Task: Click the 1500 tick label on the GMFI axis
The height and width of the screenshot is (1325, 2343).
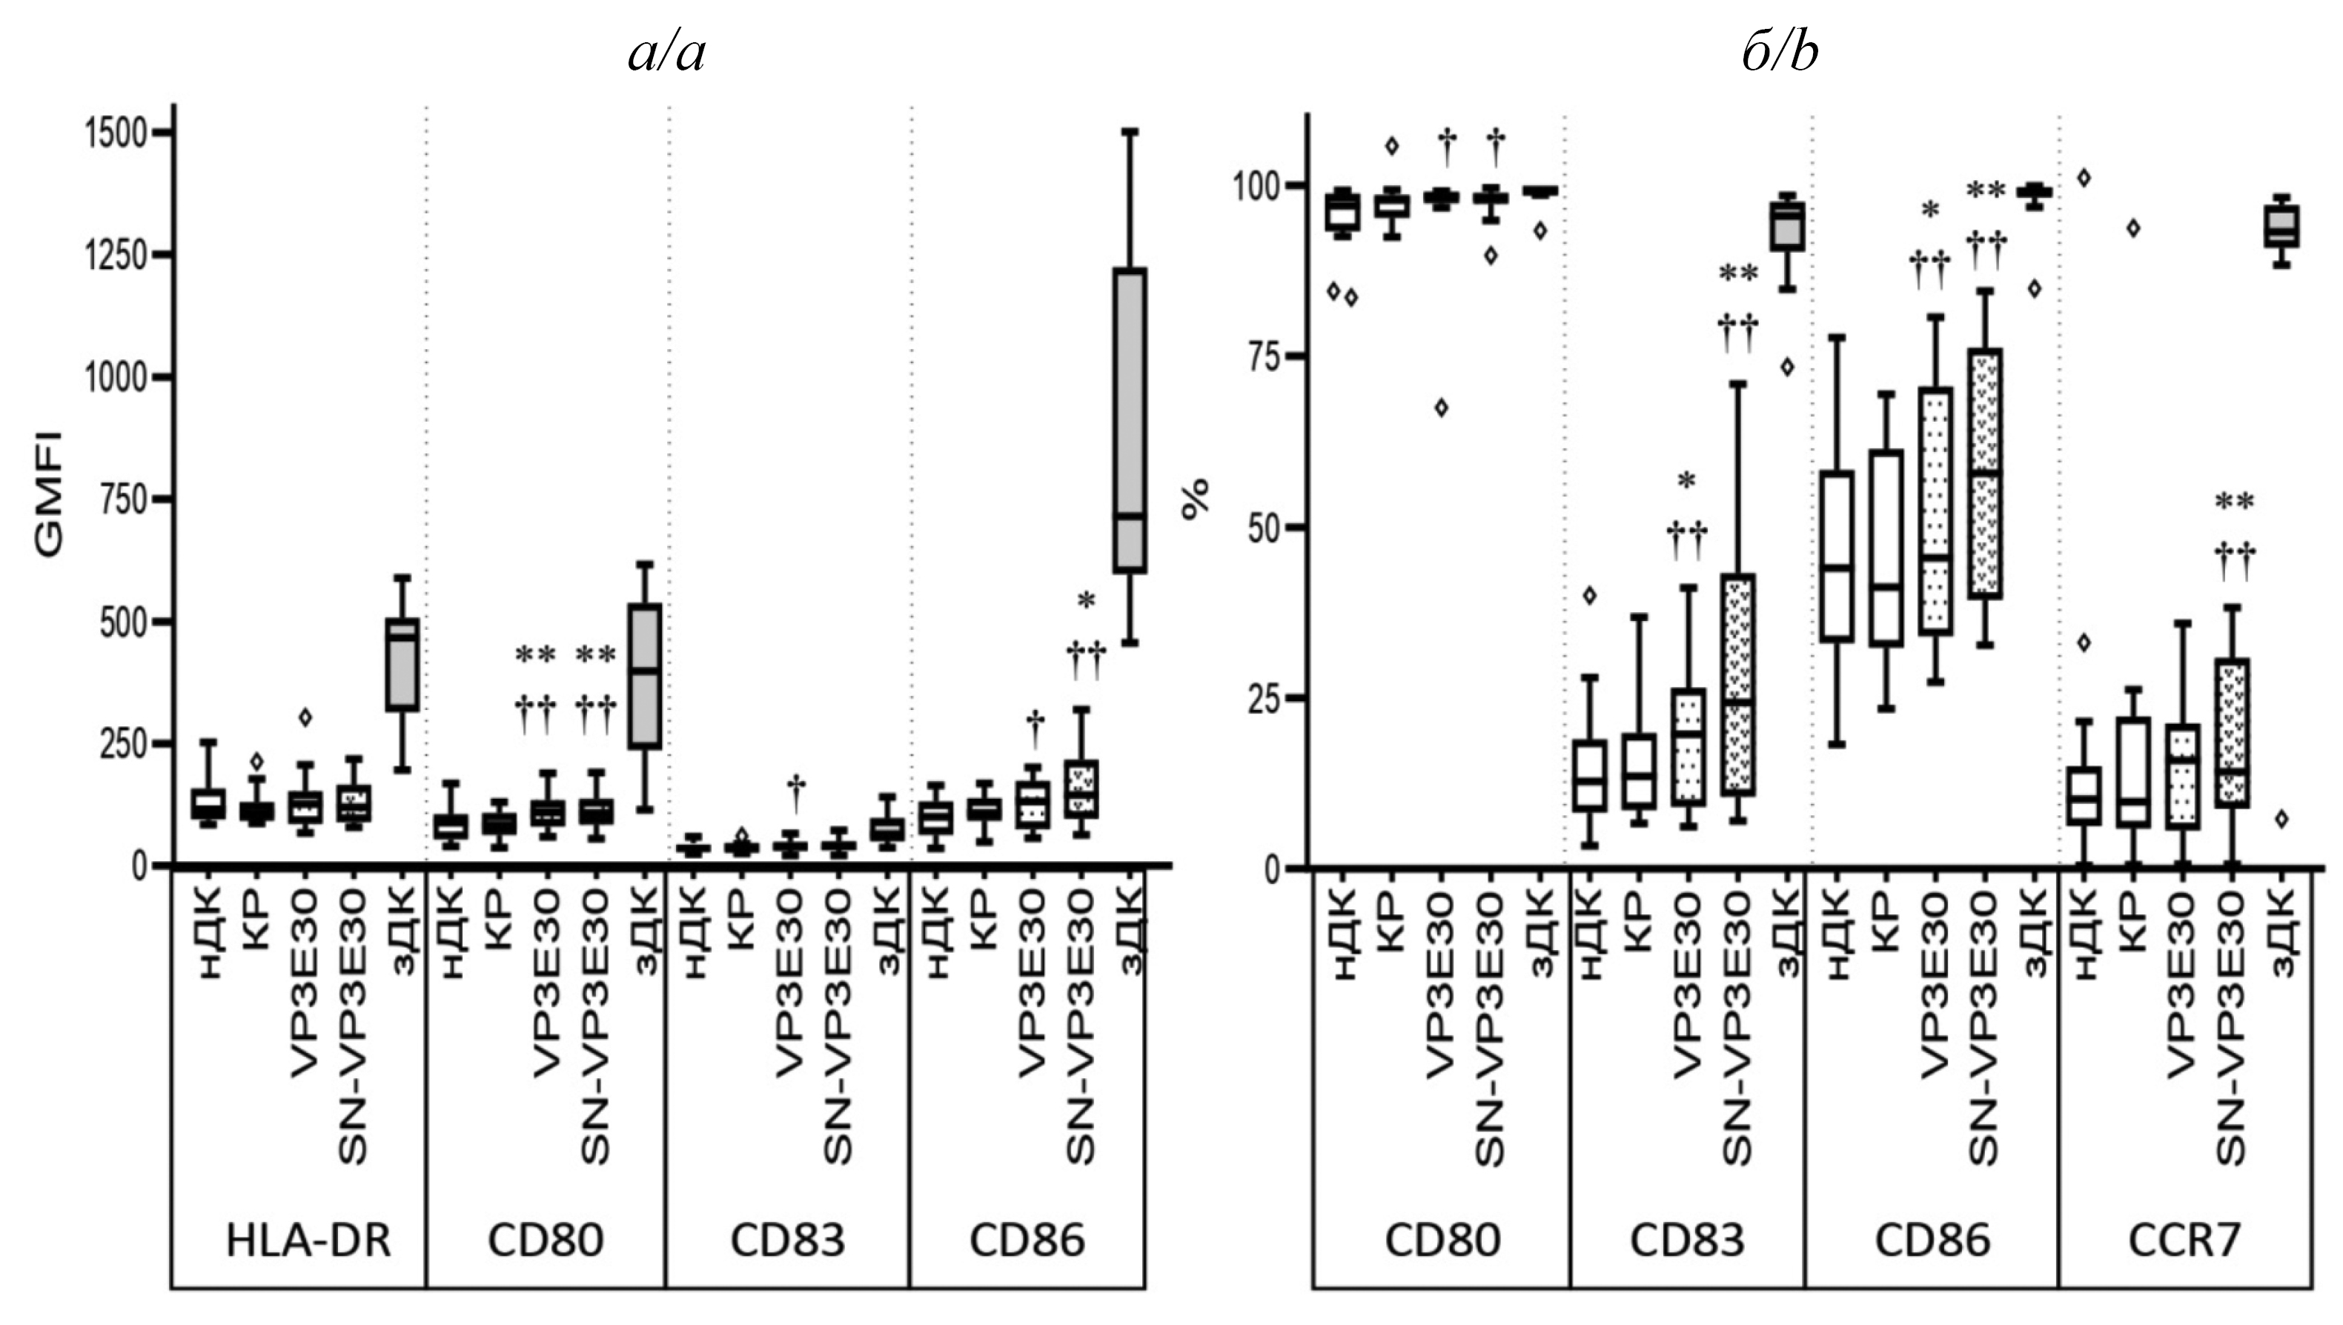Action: (115, 134)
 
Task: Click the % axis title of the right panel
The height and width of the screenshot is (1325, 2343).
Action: (1195, 499)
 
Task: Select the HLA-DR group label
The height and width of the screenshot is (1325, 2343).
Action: (308, 1241)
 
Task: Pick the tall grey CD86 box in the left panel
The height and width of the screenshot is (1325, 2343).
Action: (1130, 420)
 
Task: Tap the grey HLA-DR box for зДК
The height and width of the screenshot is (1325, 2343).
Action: (402, 664)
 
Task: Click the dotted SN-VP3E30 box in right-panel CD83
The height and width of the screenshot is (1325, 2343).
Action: (1737, 684)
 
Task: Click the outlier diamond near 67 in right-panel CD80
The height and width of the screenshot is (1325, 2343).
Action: (1441, 408)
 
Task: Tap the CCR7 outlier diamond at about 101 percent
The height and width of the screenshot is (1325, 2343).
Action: (2084, 177)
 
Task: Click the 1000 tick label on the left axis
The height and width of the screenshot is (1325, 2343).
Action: (115, 378)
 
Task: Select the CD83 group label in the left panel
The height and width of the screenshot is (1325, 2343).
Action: (788, 1241)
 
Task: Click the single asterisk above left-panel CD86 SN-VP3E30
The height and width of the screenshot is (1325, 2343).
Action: (1086, 600)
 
